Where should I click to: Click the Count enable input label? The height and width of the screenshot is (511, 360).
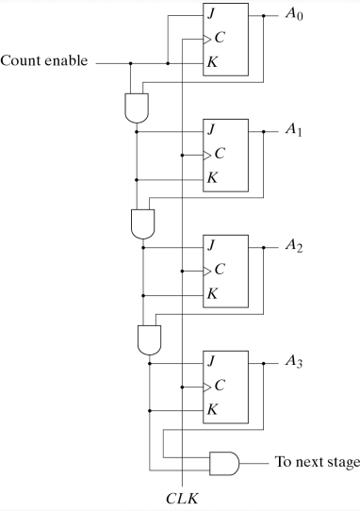tap(46, 62)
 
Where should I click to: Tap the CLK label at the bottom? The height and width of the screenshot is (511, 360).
tap(180, 497)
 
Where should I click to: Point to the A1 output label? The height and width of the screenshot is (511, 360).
tap(295, 132)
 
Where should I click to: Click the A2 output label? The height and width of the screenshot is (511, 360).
tap(295, 247)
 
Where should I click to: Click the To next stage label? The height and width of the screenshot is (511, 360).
tap(317, 462)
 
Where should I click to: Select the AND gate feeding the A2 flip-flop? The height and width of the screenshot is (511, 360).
tap(142, 223)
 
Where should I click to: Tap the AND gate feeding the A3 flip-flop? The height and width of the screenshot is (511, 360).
tap(149, 338)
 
